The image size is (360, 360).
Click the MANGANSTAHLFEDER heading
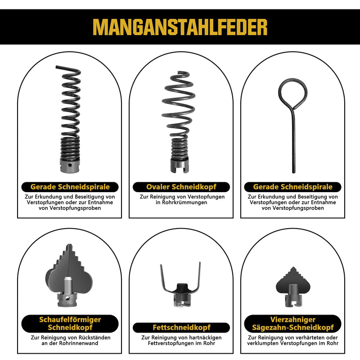point(180,27)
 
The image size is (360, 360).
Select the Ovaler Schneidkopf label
point(181,187)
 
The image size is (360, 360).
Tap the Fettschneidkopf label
point(181,328)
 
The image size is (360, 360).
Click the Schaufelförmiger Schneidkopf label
point(70,324)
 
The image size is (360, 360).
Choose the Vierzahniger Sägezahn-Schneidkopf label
point(293,324)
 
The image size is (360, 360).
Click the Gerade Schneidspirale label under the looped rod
point(293,187)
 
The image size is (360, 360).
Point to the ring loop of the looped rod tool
point(283,96)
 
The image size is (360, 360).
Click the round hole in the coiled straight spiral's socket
point(70,165)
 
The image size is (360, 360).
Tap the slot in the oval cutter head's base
point(180,170)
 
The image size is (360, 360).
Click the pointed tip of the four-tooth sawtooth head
point(293,267)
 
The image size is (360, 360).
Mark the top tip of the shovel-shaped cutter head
point(68,244)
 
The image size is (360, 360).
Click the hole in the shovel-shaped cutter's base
point(67,298)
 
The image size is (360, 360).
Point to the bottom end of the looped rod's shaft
point(294,172)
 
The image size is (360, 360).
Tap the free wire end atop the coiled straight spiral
point(57,67)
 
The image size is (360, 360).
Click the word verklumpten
point(262,343)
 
